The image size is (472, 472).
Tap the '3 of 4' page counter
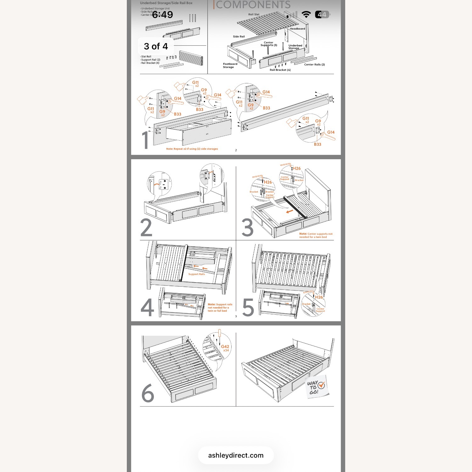pos(156,46)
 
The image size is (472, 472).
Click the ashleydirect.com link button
pos(236,455)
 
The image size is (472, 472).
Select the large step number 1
pos(145,140)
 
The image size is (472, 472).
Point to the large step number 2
pos(146,228)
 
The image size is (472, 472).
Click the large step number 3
pos(248,228)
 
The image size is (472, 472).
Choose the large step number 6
pos(148,393)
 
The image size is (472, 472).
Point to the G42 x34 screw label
pos(225,348)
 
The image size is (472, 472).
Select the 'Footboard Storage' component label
pos(230,65)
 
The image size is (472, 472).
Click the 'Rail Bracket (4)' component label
pos(280,70)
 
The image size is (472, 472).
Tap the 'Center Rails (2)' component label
pos(314,65)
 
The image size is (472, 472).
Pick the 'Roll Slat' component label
pos(254,14)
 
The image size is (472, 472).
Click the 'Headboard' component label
pos(297,29)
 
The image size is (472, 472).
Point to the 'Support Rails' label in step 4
pos(197,274)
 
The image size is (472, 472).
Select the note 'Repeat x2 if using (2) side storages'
pos(192,149)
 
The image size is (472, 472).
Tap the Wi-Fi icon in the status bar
pos(306,14)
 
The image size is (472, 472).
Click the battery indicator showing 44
pos(322,14)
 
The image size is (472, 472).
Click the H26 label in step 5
pos(319,297)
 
